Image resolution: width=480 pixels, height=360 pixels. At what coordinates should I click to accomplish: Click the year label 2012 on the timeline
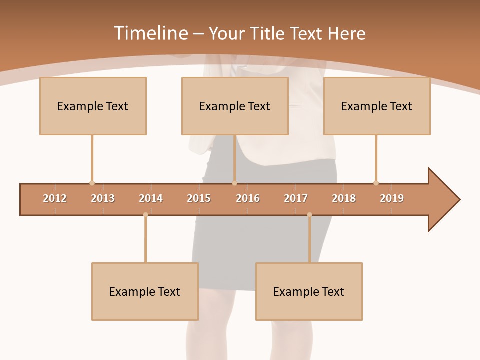55,198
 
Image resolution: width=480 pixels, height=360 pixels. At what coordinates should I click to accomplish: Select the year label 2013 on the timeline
103,198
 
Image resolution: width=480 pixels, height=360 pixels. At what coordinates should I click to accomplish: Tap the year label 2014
151,198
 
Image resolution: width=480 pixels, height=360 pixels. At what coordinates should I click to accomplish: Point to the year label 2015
199,198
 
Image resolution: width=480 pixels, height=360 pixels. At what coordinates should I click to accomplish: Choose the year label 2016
248,198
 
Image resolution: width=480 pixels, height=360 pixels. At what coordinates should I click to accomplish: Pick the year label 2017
296,198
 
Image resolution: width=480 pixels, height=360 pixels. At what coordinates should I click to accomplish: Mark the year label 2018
344,198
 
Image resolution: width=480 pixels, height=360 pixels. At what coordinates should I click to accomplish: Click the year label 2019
392,198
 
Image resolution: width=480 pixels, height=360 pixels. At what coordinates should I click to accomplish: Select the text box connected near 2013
93,106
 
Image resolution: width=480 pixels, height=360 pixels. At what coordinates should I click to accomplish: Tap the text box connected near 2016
235,106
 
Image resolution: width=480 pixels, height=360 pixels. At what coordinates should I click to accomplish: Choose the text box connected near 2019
377,106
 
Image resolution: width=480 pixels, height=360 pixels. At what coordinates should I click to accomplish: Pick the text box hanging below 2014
145,291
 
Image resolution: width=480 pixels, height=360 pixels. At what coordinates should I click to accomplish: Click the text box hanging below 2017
309,291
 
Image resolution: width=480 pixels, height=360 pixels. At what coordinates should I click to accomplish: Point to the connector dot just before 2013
92,183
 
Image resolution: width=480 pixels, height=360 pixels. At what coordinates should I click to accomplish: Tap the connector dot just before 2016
234,183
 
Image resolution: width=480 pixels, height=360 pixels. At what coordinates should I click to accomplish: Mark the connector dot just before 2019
376,183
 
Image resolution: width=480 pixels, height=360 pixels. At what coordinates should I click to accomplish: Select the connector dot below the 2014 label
145,214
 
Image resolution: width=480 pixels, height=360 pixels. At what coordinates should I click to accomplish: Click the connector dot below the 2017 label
309,214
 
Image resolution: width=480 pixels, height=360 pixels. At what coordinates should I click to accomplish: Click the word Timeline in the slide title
150,33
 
